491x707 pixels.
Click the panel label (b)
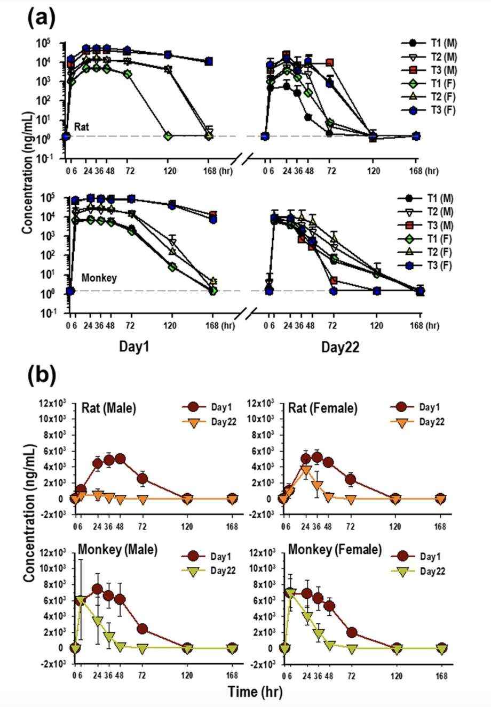click(x=41, y=376)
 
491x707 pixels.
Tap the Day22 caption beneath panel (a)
click(x=340, y=348)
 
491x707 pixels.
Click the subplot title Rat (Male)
click(x=109, y=408)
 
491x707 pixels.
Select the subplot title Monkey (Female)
click(x=335, y=550)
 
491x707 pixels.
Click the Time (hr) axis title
click(x=255, y=692)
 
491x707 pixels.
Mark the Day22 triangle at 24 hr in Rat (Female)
click(x=306, y=469)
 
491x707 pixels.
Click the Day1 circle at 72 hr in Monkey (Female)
click(x=351, y=632)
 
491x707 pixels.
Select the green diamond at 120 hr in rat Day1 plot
click(x=168, y=136)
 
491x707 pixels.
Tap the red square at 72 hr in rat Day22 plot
click(x=330, y=62)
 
